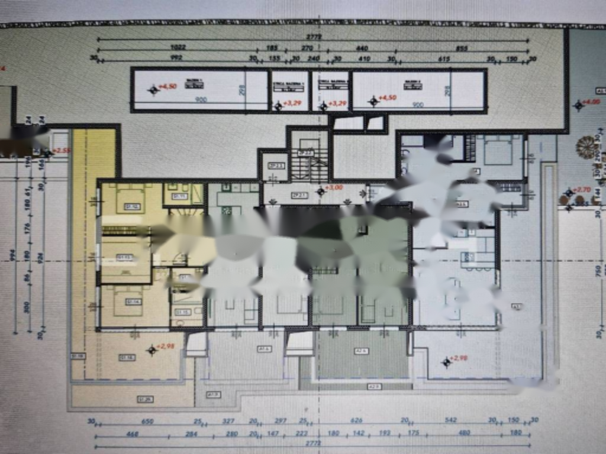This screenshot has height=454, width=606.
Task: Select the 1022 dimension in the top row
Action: pos(178,47)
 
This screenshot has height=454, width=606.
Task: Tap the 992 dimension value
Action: pos(176,58)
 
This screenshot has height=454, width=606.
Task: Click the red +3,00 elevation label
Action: pos(336,188)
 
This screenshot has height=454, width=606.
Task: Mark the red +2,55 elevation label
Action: pos(62,151)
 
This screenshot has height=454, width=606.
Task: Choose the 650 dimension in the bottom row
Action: pos(147,421)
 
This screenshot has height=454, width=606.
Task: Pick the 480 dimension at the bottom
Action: pos(464,433)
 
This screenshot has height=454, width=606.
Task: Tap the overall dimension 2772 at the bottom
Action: pos(314,443)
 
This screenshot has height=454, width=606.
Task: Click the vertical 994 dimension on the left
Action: pos(13,255)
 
